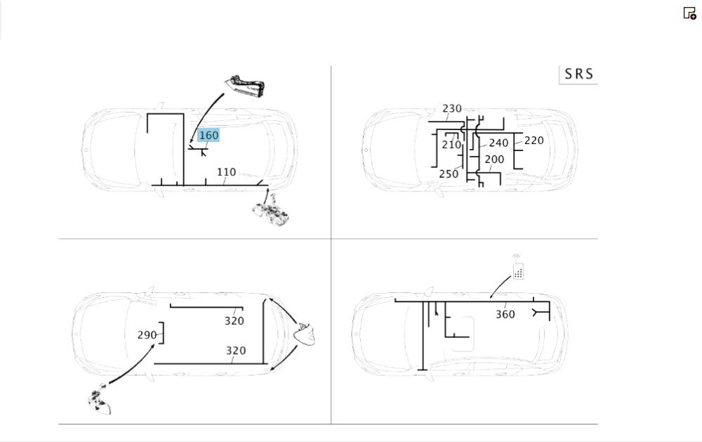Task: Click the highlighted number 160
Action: pyautogui.click(x=208, y=136)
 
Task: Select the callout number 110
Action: pyautogui.click(x=226, y=172)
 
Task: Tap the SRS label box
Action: pyautogui.click(x=578, y=74)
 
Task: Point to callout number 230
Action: pyautogui.click(x=451, y=108)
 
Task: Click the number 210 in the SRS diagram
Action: pyautogui.click(x=451, y=145)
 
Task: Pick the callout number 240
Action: pyautogui.click(x=498, y=143)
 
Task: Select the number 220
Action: pyautogui.click(x=534, y=141)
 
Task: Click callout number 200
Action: pyautogui.click(x=494, y=160)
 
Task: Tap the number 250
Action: pyautogui.click(x=449, y=174)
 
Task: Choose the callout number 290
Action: pyautogui.click(x=147, y=335)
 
